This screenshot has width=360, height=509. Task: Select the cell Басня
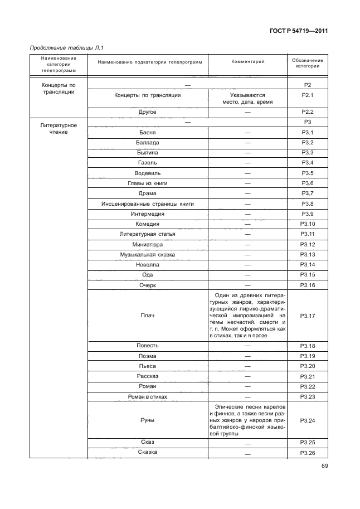[x=148, y=132]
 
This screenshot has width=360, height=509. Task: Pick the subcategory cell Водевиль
[x=148, y=173]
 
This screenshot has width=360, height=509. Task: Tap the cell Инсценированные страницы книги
[x=148, y=203]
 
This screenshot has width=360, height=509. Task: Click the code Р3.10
[x=308, y=224]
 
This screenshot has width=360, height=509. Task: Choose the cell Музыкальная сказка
[x=148, y=254]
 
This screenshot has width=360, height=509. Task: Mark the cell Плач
[x=148, y=316]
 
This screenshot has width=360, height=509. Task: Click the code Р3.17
[x=308, y=316]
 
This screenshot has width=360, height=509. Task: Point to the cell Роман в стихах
[x=148, y=396]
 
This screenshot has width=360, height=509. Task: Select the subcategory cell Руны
[x=148, y=420]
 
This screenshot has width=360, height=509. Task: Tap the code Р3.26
[x=308, y=452]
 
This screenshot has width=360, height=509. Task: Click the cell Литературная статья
[x=148, y=234]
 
